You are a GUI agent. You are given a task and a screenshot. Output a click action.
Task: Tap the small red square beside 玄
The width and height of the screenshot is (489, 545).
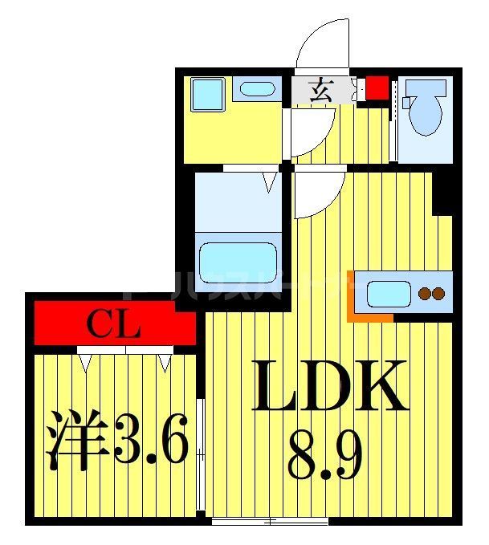(376, 87)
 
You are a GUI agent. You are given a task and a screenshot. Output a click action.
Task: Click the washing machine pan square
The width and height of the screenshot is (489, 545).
(208, 96)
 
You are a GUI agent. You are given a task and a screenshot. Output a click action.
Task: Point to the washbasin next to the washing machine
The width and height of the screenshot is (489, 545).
(257, 88)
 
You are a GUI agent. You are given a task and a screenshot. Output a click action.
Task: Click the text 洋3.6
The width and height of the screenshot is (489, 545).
(117, 440)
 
